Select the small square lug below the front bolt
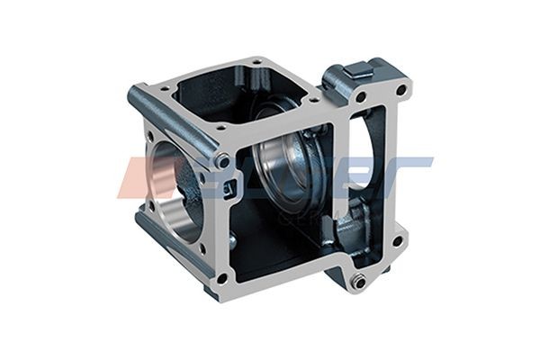pos(230,188)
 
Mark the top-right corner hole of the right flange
pos(401,89)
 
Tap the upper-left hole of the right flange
pos(360,97)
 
